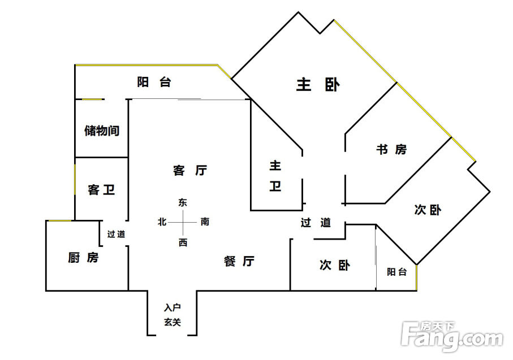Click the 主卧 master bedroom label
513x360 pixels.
click(x=318, y=85)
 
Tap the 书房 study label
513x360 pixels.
click(x=391, y=149)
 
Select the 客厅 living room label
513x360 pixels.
click(x=190, y=170)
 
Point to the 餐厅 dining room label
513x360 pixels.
click(x=239, y=261)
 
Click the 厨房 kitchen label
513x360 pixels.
click(x=83, y=258)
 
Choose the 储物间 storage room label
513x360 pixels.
click(x=102, y=131)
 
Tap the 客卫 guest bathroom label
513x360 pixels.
click(x=101, y=190)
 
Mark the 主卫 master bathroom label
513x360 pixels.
click(x=275, y=176)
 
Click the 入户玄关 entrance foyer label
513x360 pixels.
click(x=173, y=315)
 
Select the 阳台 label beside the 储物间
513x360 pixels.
click(x=154, y=82)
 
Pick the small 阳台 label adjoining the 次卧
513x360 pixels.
click(x=396, y=272)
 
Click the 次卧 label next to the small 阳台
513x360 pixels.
click(x=335, y=265)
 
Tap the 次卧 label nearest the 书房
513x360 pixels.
click(x=428, y=210)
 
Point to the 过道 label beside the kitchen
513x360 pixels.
click(x=116, y=234)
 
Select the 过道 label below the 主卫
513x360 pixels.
click(x=316, y=222)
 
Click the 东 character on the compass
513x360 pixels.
click(x=183, y=202)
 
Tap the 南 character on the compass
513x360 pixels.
click(x=205, y=222)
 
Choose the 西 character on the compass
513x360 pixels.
click(x=183, y=242)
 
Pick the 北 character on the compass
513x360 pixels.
click(x=162, y=222)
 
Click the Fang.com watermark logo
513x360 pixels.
click(x=452, y=336)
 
